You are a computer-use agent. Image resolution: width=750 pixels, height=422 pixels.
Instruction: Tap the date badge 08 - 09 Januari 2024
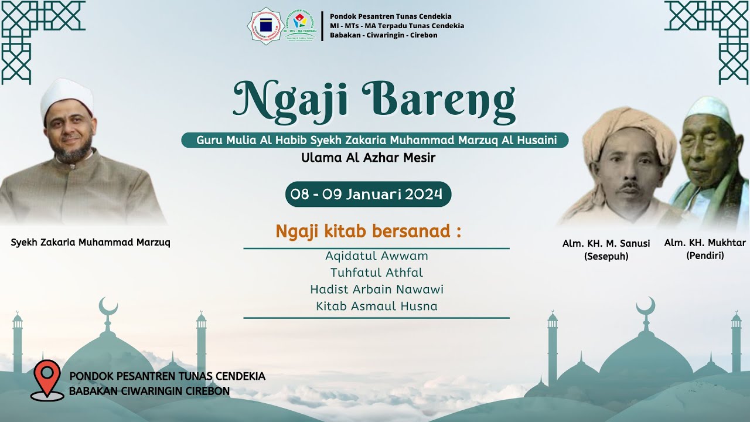tap(368, 194)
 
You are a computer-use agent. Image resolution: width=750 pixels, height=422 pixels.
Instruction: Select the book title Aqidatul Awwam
tap(376, 256)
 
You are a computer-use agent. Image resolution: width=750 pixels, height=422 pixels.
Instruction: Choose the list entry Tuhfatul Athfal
tap(376, 273)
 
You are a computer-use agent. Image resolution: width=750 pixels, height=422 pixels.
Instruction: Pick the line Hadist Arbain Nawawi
tap(376, 290)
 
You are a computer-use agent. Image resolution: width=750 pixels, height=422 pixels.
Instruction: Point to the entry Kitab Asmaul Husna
tap(376, 306)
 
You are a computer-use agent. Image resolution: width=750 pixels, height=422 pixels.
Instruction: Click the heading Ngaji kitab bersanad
tap(368, 231)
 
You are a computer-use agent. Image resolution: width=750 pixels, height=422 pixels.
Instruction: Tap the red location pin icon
tap(47, 378)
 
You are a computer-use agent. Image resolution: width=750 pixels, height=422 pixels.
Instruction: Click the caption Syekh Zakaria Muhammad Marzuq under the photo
tap(90, 242)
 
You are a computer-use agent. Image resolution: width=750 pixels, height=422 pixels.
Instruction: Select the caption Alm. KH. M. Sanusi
tap(606, 244)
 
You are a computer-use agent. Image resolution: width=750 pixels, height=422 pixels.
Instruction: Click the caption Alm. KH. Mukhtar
tap(705, 243)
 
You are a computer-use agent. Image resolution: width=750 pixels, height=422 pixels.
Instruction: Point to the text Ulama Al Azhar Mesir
tap(368, 158)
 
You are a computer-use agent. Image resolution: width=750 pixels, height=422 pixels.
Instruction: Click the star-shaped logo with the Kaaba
tap(266, 26)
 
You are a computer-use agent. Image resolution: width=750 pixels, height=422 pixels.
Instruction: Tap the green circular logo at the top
tap(300, 25)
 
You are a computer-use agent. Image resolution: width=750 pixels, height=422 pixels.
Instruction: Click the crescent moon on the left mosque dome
tap(108, 306)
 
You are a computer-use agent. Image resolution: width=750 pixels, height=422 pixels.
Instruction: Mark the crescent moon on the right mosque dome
tap(646, 306)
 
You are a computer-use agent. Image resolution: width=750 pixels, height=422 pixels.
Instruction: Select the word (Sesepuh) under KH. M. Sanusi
tap(606, 256)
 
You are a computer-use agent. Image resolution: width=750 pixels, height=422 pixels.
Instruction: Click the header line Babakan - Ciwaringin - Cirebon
tap(383, 35)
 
